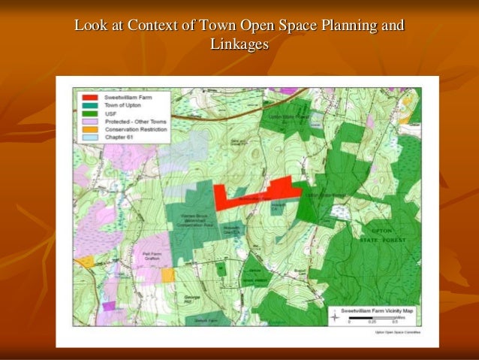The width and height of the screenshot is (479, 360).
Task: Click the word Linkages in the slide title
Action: point(239,44)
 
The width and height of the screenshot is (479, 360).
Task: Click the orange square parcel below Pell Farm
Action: point(167,275)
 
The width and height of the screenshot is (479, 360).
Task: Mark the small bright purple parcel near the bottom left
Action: point(110,306)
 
